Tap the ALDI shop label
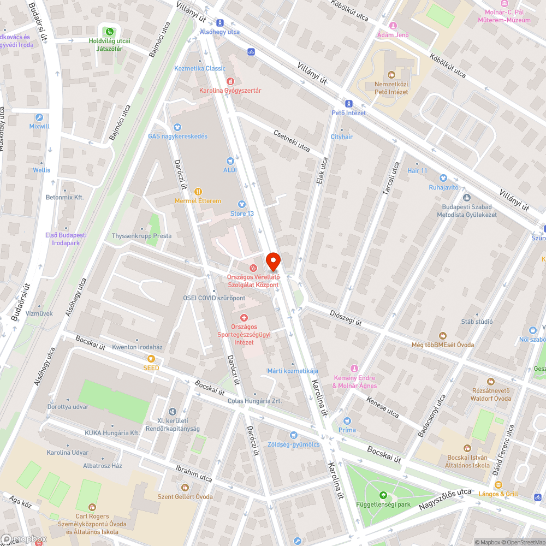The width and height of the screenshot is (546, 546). [230, 170]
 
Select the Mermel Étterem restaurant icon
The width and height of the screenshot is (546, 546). [198, 192]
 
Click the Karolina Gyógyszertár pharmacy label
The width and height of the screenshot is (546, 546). [230, 90]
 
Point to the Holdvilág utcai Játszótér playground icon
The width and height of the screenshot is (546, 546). [110, 32]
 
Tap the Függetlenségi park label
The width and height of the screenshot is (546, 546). [383, 505]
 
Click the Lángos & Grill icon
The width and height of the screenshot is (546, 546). [498, 485]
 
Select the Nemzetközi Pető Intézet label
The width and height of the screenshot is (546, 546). [391, 88]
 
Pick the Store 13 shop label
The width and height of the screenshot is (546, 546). [242, 213]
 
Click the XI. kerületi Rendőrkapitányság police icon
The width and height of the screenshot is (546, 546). [173, 411]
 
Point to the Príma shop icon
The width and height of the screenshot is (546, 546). [347, 421]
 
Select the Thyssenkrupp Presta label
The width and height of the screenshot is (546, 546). [141, 236]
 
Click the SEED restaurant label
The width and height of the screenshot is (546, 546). [151, 368]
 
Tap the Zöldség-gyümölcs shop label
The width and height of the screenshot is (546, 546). [293, 444]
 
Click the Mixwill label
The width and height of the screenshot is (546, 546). [39, 126]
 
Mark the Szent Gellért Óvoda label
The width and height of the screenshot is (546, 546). [185, 496]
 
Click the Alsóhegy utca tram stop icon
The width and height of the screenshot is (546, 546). [220, 23]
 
